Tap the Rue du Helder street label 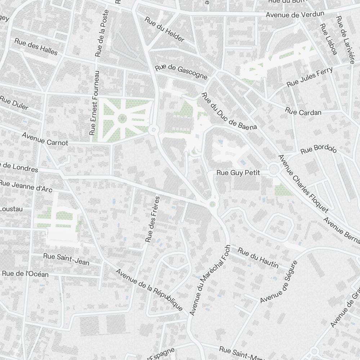tap(165, 29)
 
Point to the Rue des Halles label tap(36, 46)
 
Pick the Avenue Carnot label tap(45, 139)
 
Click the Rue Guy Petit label tap(238, 173)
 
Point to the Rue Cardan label tap(303, 112)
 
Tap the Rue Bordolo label tap(318, 149)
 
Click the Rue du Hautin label tap(258, 259)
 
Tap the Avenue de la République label tap(149, 290)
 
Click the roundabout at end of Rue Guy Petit tap(274, 169)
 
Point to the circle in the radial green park tap(122, 118)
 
